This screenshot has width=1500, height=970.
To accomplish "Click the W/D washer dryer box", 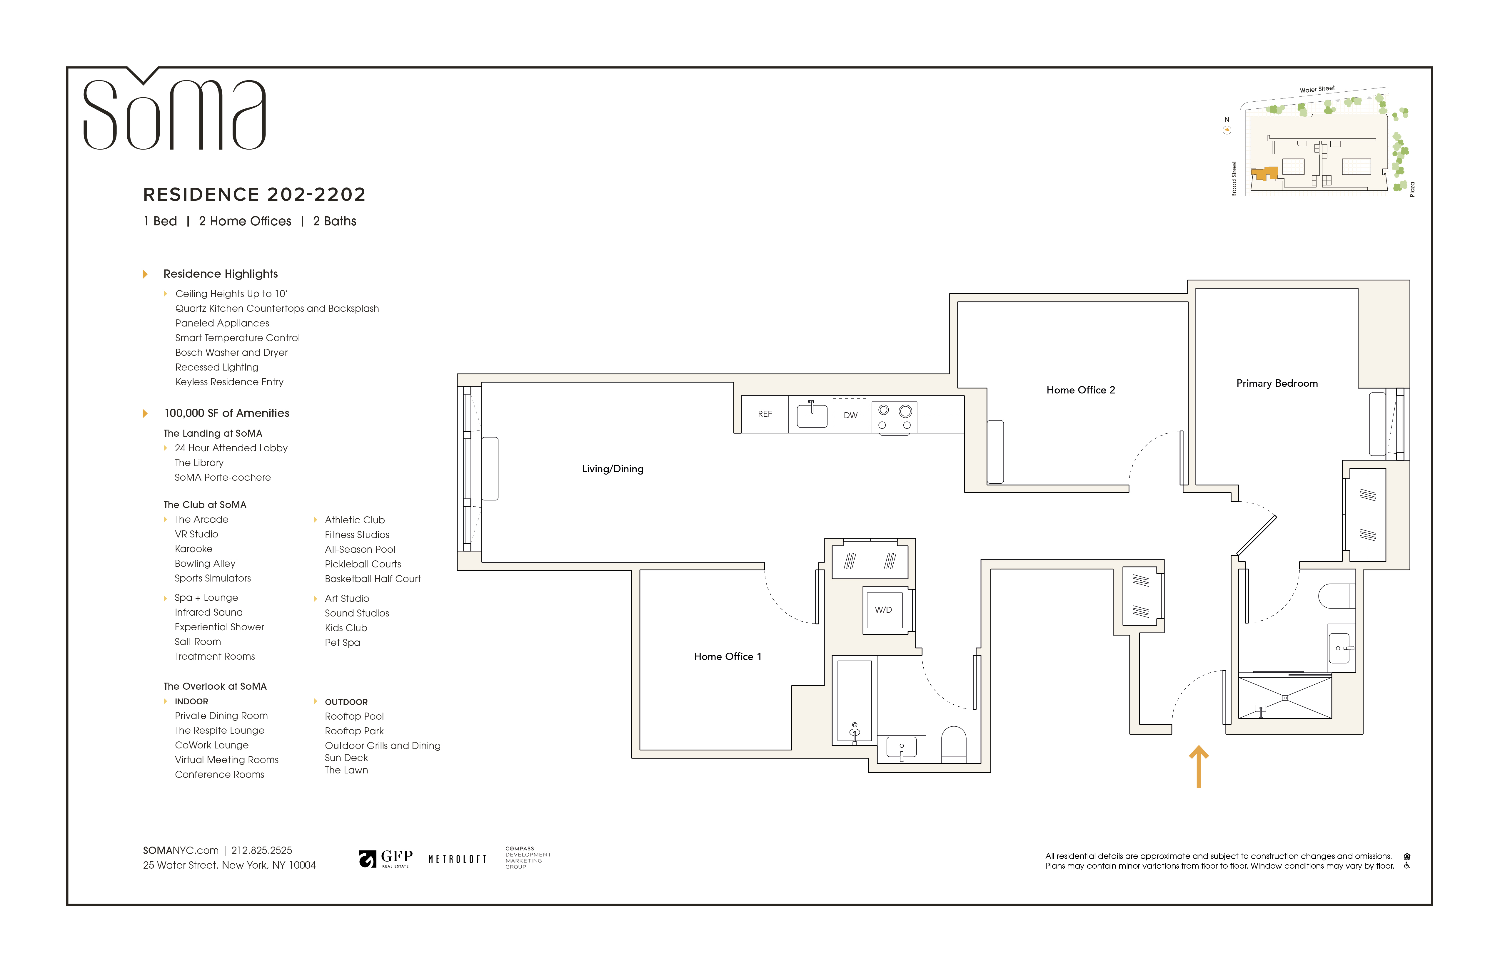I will click(x=883, y=610).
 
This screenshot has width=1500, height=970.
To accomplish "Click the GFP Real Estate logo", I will click(x=386, y=859).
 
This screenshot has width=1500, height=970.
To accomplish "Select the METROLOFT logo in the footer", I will click(x=458, y=859).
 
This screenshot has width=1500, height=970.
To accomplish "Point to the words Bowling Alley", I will click(x=205, y=564).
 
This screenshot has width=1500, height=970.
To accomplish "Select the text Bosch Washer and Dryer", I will click(x=231, y=353).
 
